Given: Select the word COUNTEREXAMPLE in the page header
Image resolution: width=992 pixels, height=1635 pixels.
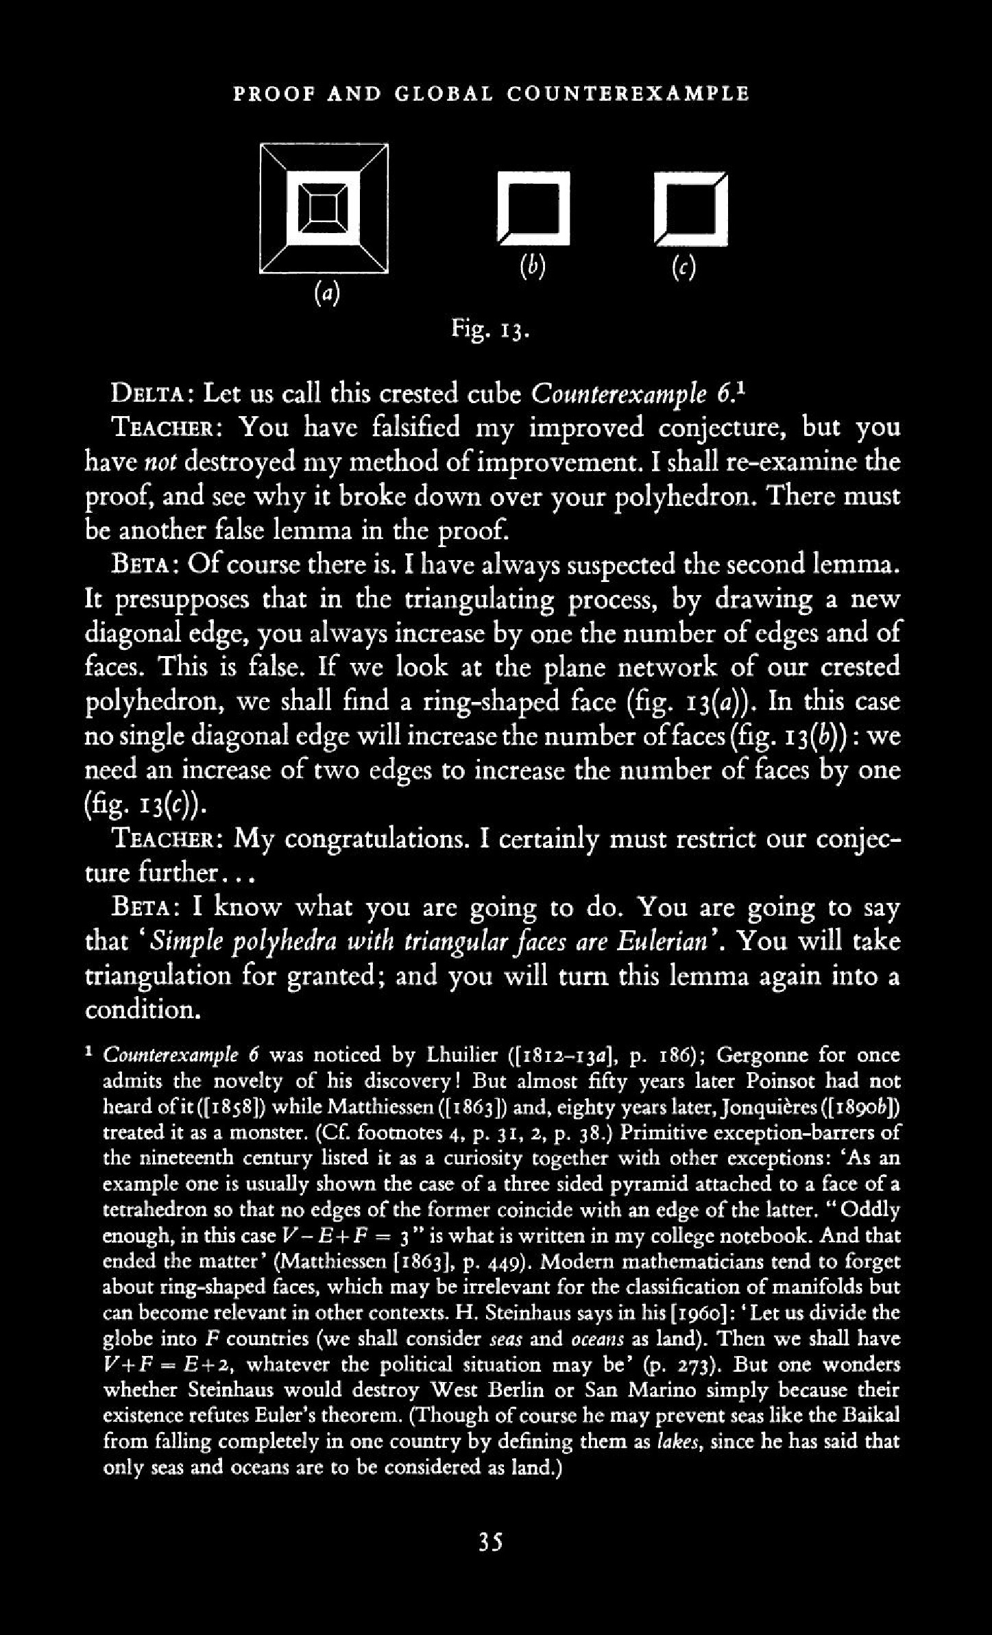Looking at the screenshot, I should coord(628,94).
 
